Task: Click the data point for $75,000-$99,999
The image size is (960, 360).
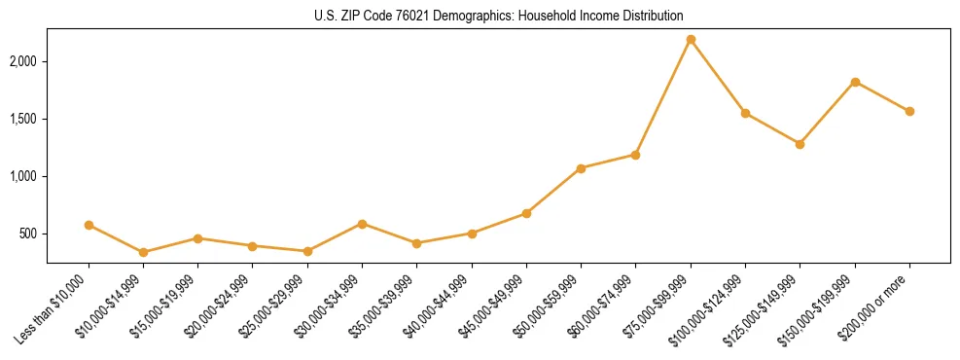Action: pyautogui.click(x=691, y=40)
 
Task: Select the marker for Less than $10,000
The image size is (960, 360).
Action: pyautogui.click(x=89, y=225)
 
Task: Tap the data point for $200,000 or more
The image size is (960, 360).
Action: pyautogui.click(x=909, y=111)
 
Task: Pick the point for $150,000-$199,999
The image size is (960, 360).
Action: pyautogui.click(x=855, y=82)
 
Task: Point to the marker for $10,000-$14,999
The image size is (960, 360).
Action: pyautogui.click(x=143, y=252)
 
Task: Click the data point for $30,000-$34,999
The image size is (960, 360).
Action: pyautogui.click(x=362, y=224)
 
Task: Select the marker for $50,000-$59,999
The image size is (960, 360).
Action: pyautogui.click(x=581, y=168)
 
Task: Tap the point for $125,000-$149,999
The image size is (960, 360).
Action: pyautogui.click(x=800, y=144)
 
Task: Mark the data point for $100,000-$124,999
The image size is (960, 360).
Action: pyautogui.click(x=745, y=113)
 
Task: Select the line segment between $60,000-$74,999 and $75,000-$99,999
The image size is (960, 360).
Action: pyautogui.click(x=663, y=97)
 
